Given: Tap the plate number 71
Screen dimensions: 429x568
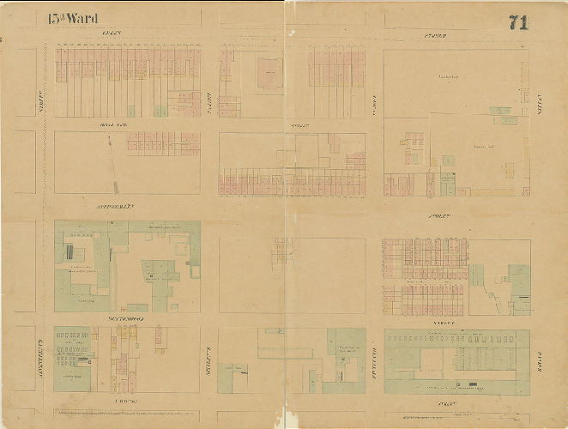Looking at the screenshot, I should pos(517,23).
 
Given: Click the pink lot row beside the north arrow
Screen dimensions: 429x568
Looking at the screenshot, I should pos(163,142).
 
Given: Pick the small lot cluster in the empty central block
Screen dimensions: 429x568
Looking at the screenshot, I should pos(282,253).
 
